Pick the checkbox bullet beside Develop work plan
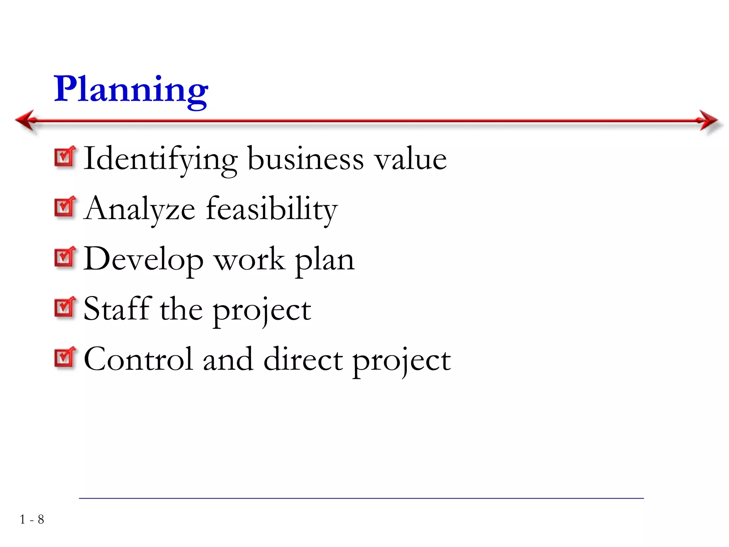coord(65,257)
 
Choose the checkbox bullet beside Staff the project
coord(65,307)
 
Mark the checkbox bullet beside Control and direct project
coord(65,358)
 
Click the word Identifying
coord(161,159)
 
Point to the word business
coord(305,159)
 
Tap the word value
coord(410,159)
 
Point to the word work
coord(250,259)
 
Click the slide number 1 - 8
coord(32,520)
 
